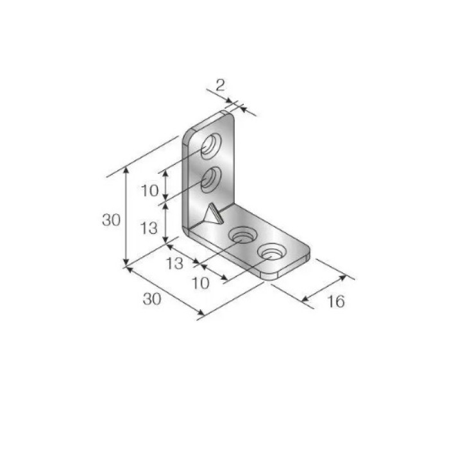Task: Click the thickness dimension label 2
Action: coord(220,85)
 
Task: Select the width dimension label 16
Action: coord(336,301)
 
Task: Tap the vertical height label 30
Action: coord(111,220)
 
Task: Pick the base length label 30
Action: coord(152,300)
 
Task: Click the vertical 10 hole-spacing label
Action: coord(149,191)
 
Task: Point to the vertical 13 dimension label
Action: coord(149,228)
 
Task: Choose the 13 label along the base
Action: coord(174,264)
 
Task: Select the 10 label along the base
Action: coord(201,284)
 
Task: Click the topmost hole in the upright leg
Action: coord(211,146)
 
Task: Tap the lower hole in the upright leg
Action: coord(211,180)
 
